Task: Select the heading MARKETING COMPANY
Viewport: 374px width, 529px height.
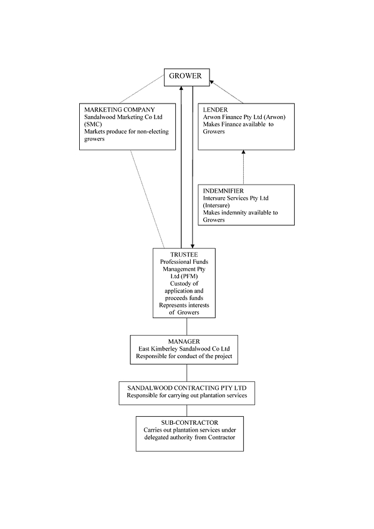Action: (120, 110)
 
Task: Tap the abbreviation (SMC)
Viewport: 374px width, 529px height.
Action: (93, 124)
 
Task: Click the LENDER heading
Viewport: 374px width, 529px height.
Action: (215, 110)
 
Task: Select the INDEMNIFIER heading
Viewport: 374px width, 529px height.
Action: (223, 191)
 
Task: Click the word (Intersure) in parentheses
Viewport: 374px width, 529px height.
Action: (216, 205)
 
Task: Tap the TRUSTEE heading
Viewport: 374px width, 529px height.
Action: (184, 255)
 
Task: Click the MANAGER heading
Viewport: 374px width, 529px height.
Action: (184, 341)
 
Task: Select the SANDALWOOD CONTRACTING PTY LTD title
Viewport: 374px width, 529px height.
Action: (187, 388)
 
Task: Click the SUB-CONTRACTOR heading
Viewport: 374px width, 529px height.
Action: (189, 422)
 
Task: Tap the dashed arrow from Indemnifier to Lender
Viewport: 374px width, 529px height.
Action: (244, 167)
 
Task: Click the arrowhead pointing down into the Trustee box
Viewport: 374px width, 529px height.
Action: (193, 246)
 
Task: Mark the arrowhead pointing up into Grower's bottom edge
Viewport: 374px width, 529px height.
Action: (181, 89)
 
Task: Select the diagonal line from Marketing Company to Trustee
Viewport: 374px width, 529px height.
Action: (147, 199)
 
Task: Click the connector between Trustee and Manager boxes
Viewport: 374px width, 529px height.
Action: (187, 327)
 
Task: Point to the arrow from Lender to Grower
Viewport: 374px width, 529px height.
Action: (226, 92)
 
